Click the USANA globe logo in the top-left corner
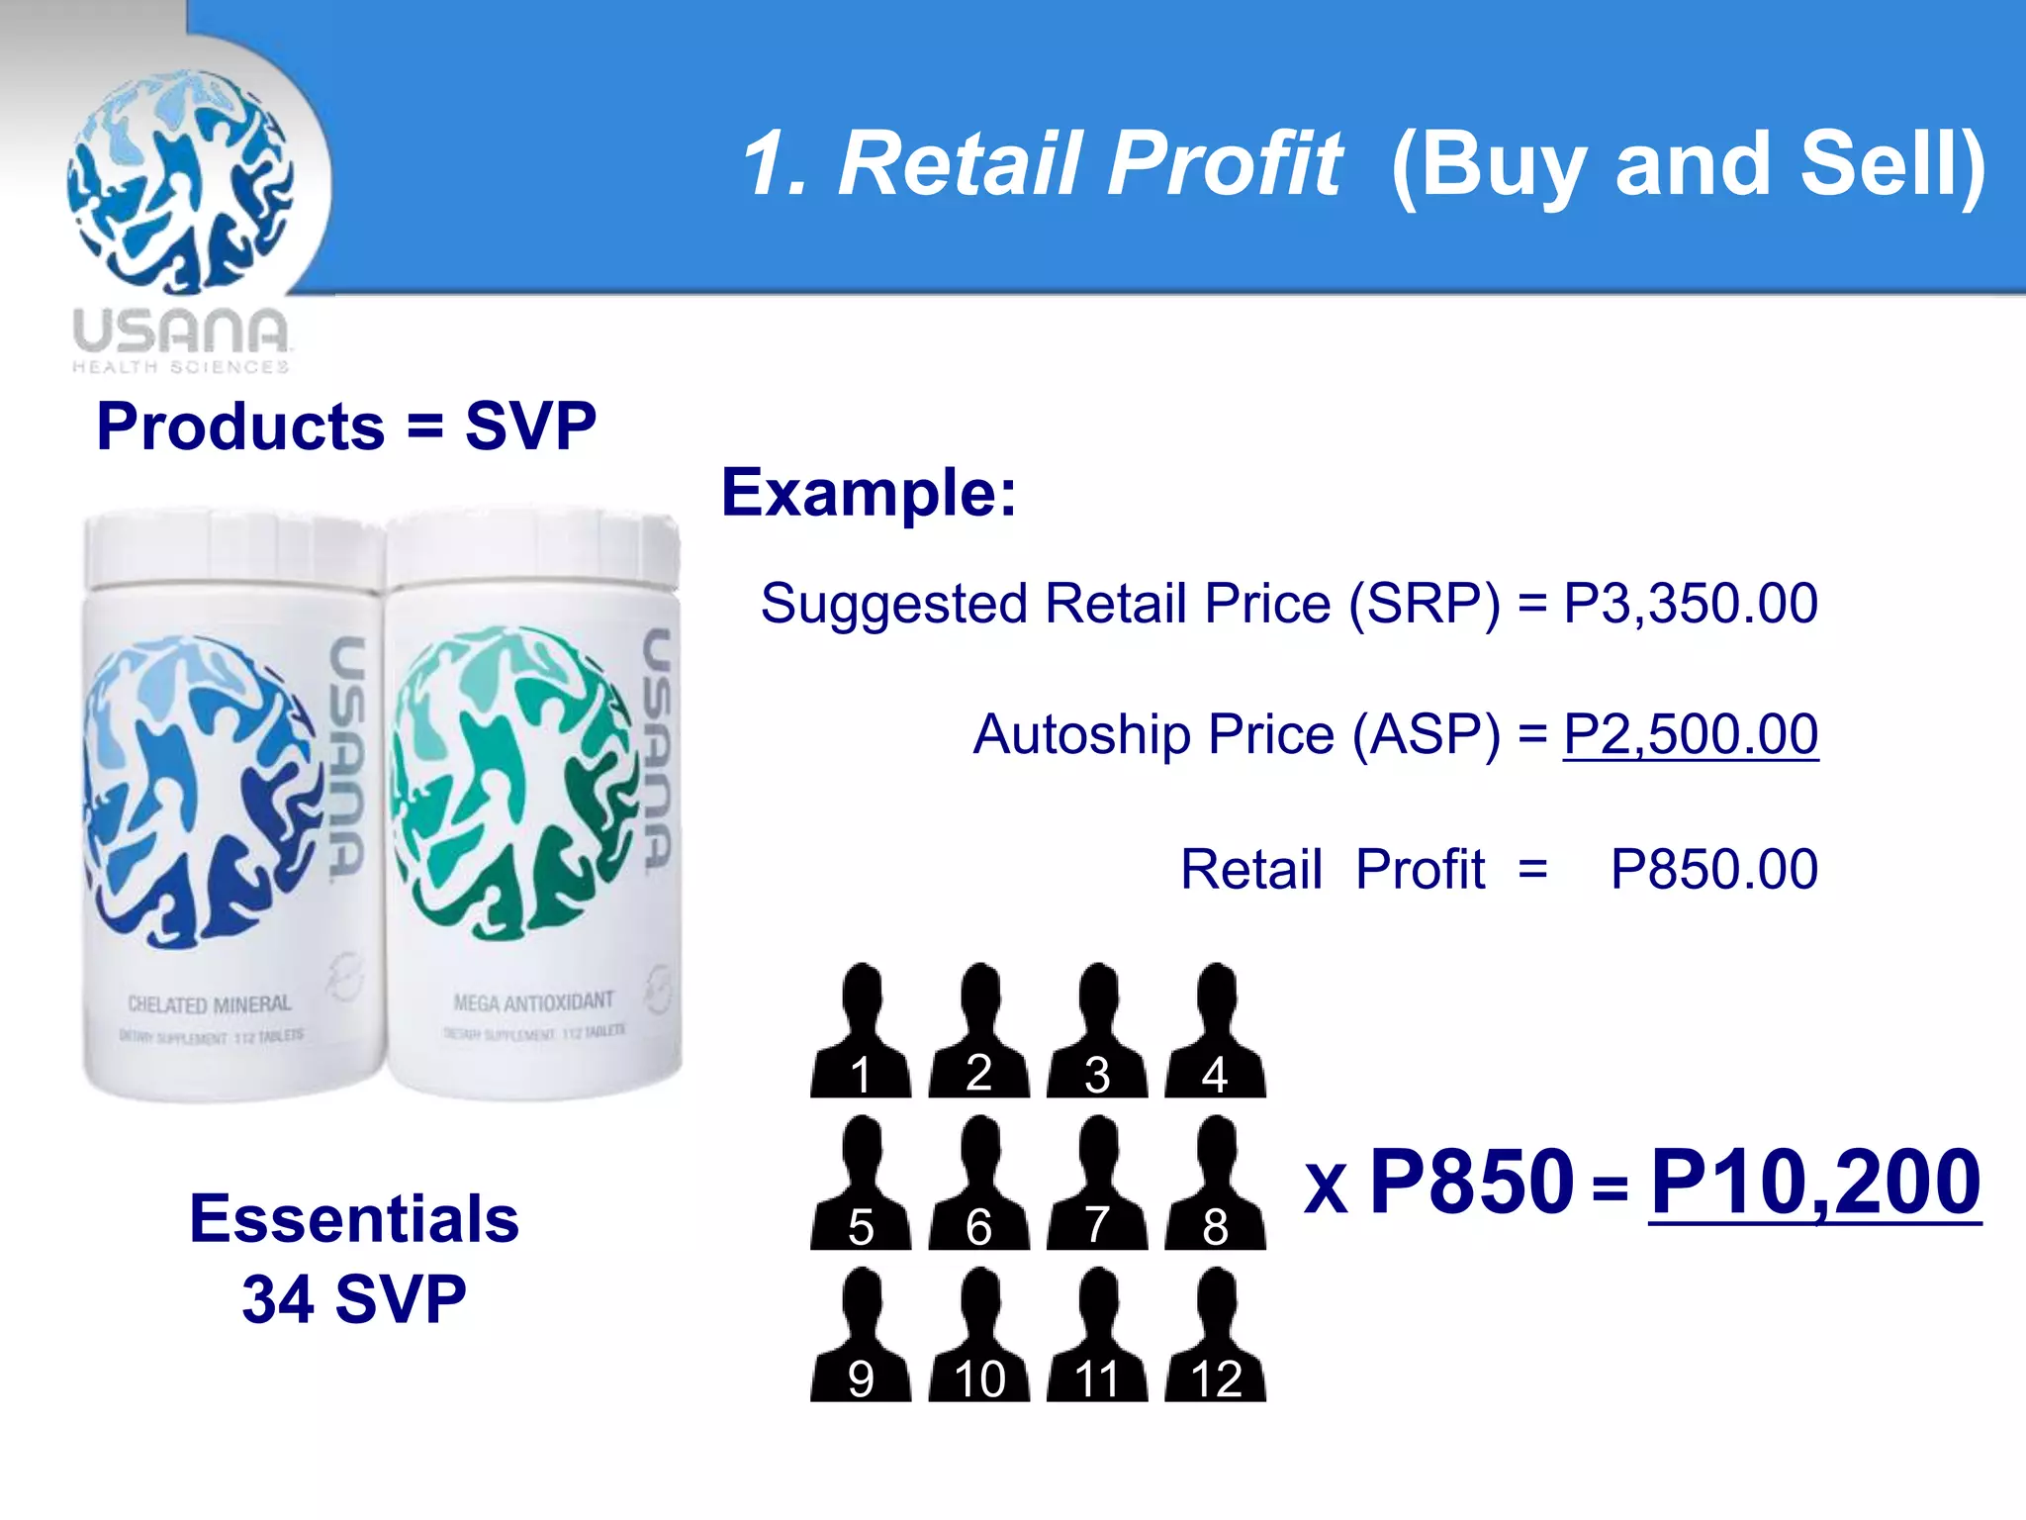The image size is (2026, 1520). tap(181, 182)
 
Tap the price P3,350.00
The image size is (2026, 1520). tap(1690, 603)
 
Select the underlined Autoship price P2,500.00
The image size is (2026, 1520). tap(1690, 734)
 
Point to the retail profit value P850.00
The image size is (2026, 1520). tap(1713, 869)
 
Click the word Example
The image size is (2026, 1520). tap(867, 493)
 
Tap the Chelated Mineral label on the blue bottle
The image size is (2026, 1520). tap(210, 1004)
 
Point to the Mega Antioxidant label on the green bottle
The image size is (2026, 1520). tap(533, 1002)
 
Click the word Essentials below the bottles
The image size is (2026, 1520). tap(354, 1218)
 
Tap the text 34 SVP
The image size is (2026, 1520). tap(354, 1299)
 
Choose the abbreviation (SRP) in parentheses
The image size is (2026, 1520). tap(1425, 603)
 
